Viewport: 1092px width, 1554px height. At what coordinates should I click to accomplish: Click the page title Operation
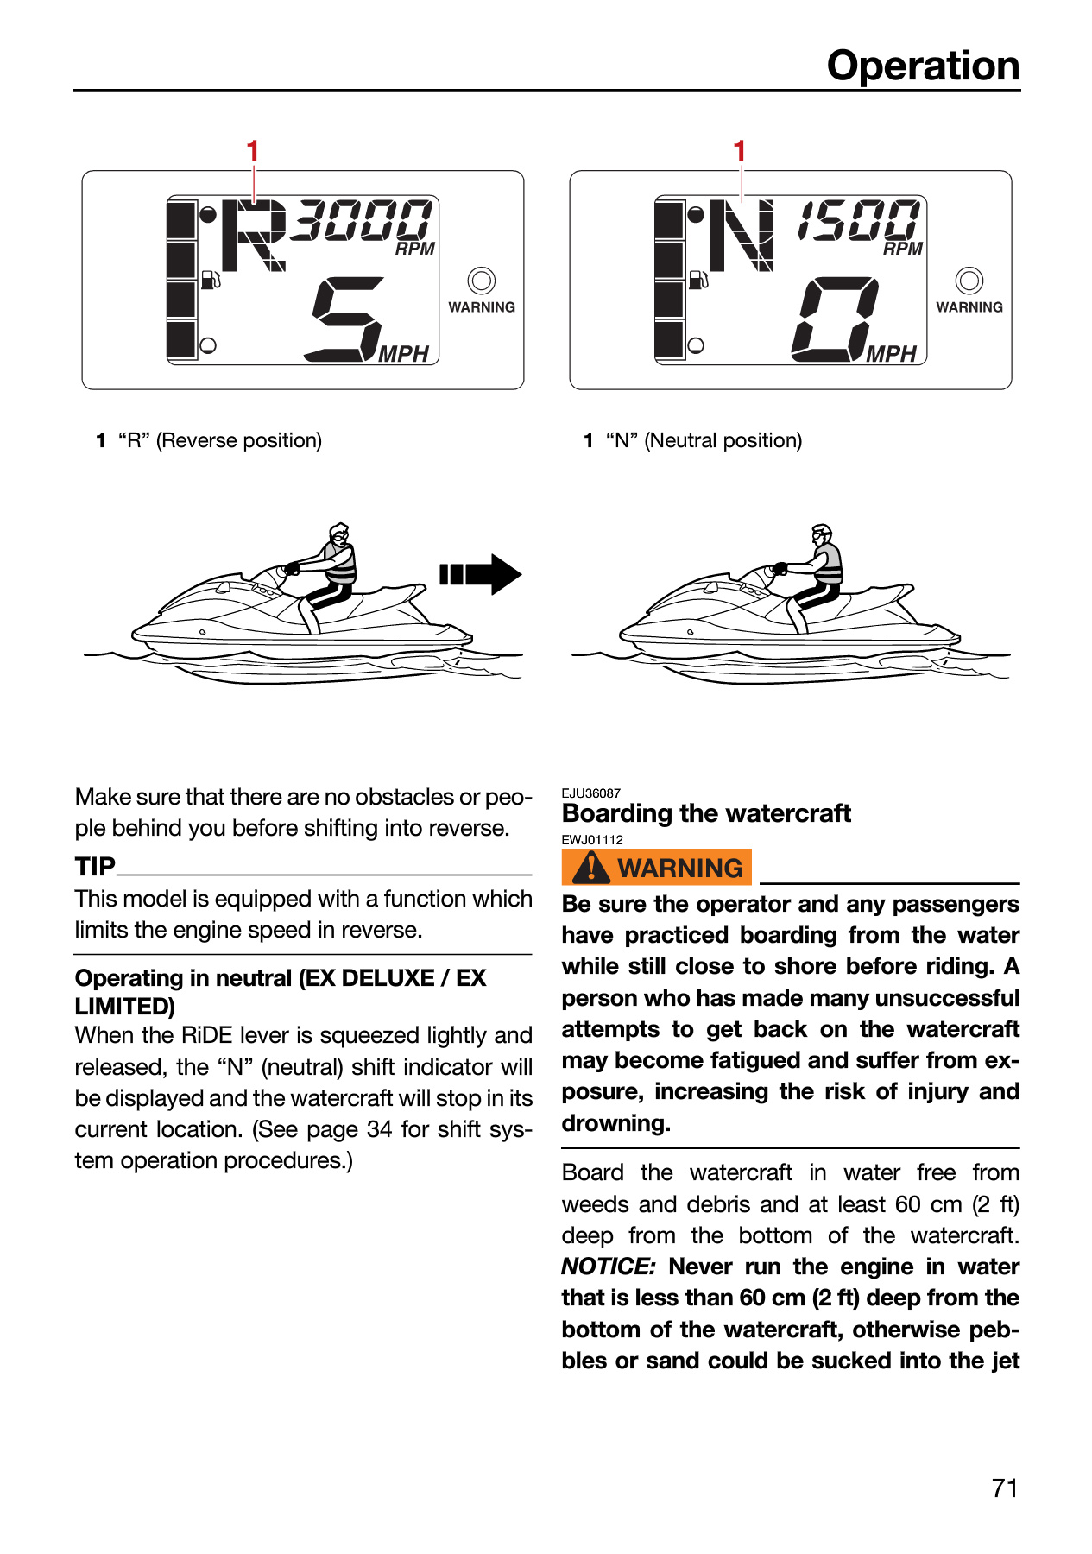coord(923,66)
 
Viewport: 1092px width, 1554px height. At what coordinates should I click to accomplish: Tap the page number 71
coord(1005,1488)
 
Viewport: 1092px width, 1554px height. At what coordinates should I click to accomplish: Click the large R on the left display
coord(254,236)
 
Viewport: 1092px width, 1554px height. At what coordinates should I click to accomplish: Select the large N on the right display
coord(742,236)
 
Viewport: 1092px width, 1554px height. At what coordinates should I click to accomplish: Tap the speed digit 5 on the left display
coord(344,319)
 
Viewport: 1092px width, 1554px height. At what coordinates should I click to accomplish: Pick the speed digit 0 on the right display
coord(834,319)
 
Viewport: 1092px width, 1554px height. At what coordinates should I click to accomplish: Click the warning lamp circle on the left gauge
coord(481,281)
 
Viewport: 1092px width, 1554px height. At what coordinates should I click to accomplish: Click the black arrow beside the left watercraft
coord(480,574)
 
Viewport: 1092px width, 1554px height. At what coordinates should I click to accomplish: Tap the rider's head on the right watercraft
coord(822,534)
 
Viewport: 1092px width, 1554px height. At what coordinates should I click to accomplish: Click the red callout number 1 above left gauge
coord(253,151)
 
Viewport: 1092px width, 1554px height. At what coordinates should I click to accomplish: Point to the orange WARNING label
coord(657,868)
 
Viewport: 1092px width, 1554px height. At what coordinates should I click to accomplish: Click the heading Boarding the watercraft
coord(706,813)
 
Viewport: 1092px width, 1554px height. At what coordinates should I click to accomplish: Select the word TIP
coord(95,866)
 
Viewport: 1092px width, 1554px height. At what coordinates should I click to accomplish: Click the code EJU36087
coord(591,793)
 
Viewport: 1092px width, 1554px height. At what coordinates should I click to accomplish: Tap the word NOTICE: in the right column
coord(609,1267)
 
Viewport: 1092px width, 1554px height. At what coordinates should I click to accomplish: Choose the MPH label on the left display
coord(403,354)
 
